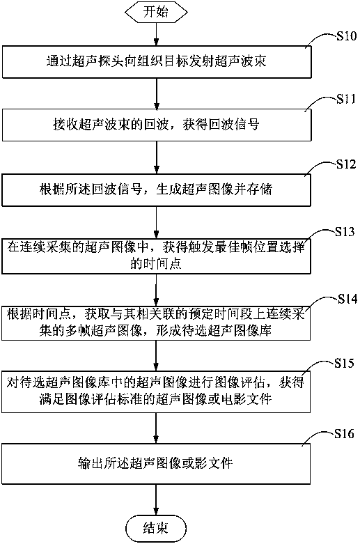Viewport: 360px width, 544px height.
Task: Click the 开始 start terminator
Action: pyautogui.click(x=156, y=12)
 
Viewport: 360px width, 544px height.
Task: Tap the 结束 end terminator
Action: pyautogui.click(x=156, y=528)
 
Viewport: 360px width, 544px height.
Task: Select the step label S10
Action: pyautogui.click(x=346, y=36)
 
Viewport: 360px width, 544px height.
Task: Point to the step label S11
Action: pyautogui.click(x=346, y=99)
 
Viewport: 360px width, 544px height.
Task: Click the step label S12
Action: pyautogui.click(x=346, y=164)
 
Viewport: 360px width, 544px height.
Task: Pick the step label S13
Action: pyautogui.click(x=345, y=231)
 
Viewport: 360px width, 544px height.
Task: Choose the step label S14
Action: pyautogui.click(x=347, y=299)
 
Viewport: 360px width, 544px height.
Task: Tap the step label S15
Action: pyautogui.click(x=344, y=363)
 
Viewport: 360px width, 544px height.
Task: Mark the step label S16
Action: pyautogui.click(x=344, y=434)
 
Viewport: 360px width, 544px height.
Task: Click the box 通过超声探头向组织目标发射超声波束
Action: pyautogui.click(x=157, y=62)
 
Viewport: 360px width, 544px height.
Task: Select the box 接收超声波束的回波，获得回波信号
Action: pyautogui.click(x=157, y=125)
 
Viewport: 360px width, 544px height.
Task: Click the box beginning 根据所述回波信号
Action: pyautogui.click(x=157, y=189)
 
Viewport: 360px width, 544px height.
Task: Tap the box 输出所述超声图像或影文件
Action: pyautogui.click(x=156, y=463)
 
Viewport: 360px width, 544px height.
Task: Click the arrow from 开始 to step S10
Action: pyautogui.click(x=156, y=34)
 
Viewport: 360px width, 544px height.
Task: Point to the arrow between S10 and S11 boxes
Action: pyautogui.click(x=157, y=93)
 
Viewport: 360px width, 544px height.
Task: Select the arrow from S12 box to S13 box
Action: pyautogui.click(x=157, y=222)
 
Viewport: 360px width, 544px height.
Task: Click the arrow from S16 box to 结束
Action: pyautogui.click(x=156, y=500)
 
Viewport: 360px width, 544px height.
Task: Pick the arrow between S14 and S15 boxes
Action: pyautogui.click(x=156, y=356)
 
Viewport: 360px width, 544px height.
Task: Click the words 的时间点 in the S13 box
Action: pyautogui.click(x=156, y=264)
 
